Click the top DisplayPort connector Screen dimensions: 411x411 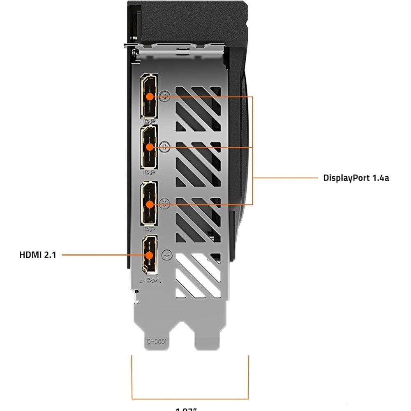point(149,96)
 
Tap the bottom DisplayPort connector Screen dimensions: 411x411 point(149,203)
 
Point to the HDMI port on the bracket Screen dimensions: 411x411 point(149,255)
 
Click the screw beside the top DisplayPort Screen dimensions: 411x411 point(166,96)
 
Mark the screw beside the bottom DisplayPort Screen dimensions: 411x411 point(166,202)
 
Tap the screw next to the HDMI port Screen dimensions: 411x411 point(166,255)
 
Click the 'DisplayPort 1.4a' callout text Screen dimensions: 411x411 point(356,178)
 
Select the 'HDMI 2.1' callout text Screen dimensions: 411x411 point(37,255)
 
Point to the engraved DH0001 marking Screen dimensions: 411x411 point(158,341)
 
